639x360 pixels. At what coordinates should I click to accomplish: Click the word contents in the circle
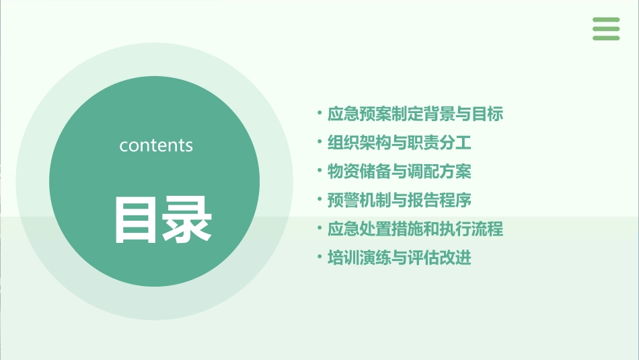156,145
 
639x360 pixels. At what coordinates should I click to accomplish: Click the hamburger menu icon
606,29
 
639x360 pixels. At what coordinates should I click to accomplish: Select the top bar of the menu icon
606,20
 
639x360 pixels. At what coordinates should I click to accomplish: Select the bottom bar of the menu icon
606,38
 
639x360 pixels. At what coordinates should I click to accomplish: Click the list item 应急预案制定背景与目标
415,114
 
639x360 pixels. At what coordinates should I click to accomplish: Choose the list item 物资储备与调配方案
400,172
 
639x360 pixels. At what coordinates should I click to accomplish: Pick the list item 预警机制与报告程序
400,201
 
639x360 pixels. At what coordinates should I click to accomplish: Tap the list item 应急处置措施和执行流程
415,229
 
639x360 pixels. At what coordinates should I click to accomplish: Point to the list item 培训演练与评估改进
400,258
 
